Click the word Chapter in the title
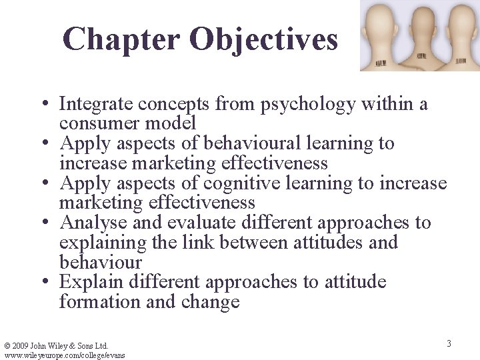coord(121,39)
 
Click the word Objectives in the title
coord(263,39)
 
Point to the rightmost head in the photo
coord(459,30)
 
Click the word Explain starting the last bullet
coord(89,282)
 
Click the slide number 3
coord(449,343)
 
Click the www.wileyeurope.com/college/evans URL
coord(64,355)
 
